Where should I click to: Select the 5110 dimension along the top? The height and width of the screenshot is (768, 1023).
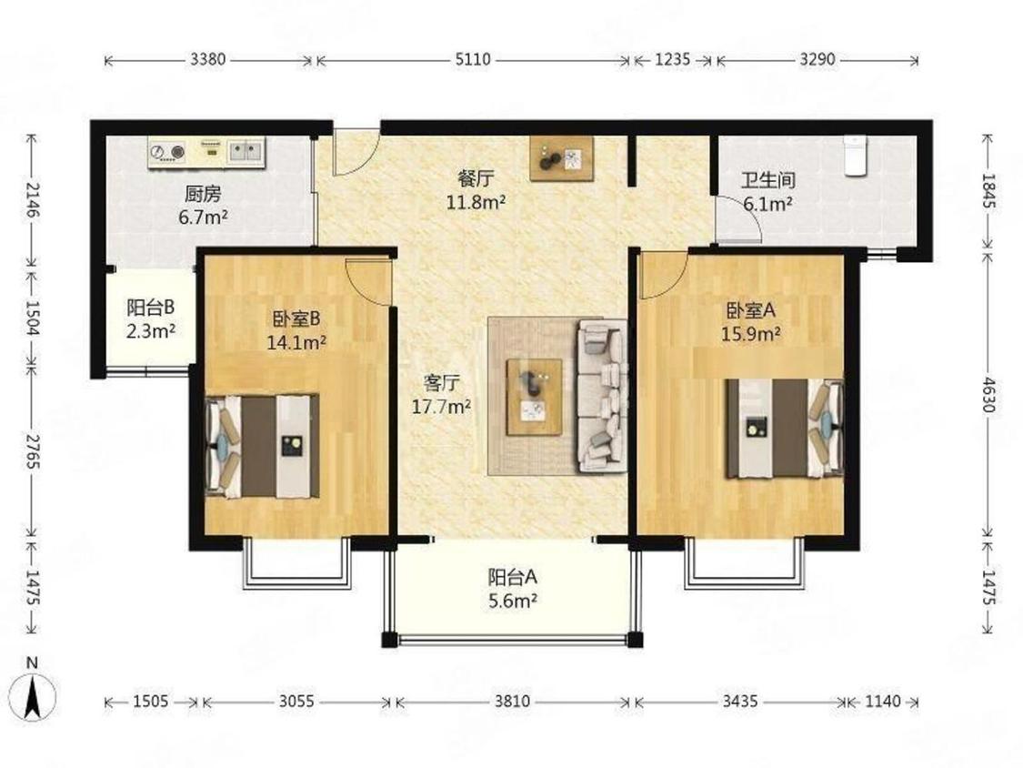tap(472, 59)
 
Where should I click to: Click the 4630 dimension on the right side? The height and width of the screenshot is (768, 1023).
tap(988, 395)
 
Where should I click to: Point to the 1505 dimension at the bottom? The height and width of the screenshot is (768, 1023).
tap(151, 702)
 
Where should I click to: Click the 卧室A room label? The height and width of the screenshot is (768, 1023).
tap(751, 310)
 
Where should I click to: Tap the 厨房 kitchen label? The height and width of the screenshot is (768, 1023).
tap(203, 194)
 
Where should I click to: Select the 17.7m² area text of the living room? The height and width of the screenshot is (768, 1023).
tap(441, 407)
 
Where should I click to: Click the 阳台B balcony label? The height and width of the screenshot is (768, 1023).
tap(151, 307)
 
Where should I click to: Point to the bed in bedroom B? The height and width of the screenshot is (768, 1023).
tap(262, 446)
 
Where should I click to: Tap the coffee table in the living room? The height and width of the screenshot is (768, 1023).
tap(535, 397)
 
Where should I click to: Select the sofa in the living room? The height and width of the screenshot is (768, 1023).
tap(602, 396)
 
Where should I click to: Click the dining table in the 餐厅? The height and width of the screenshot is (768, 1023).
tap(562, 158)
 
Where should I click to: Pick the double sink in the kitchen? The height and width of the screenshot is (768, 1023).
tap(246, 152)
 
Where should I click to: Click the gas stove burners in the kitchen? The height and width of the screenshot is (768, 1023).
tap(167, 152)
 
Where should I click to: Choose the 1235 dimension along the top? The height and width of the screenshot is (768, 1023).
tap(672, 59)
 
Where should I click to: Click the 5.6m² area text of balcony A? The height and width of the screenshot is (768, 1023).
tap(513, 601)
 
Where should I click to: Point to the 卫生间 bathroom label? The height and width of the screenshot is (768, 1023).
tap(767, 179)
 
